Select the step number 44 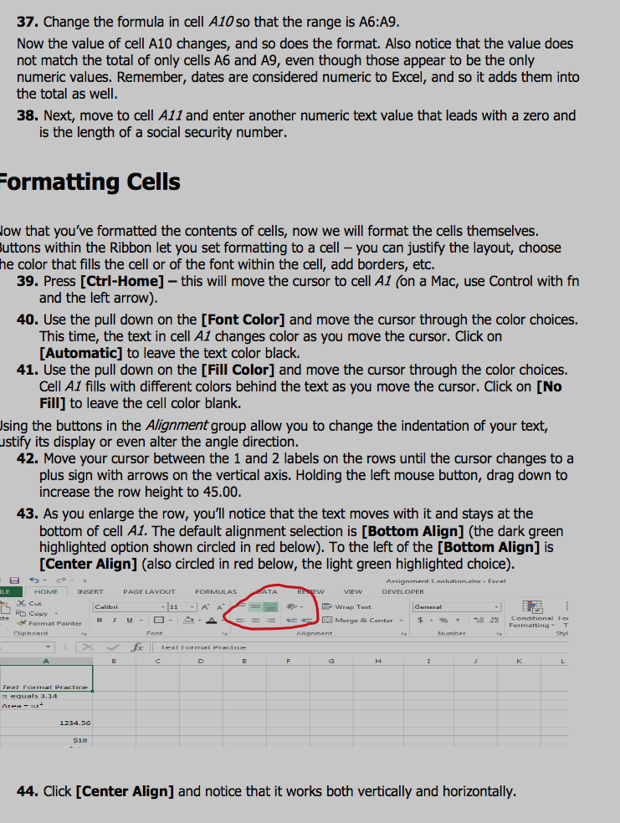[x=28, y=791]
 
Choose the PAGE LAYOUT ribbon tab [x=149, y=591]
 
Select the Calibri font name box [x=130, y=607]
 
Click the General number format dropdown [x=457, y=607]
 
